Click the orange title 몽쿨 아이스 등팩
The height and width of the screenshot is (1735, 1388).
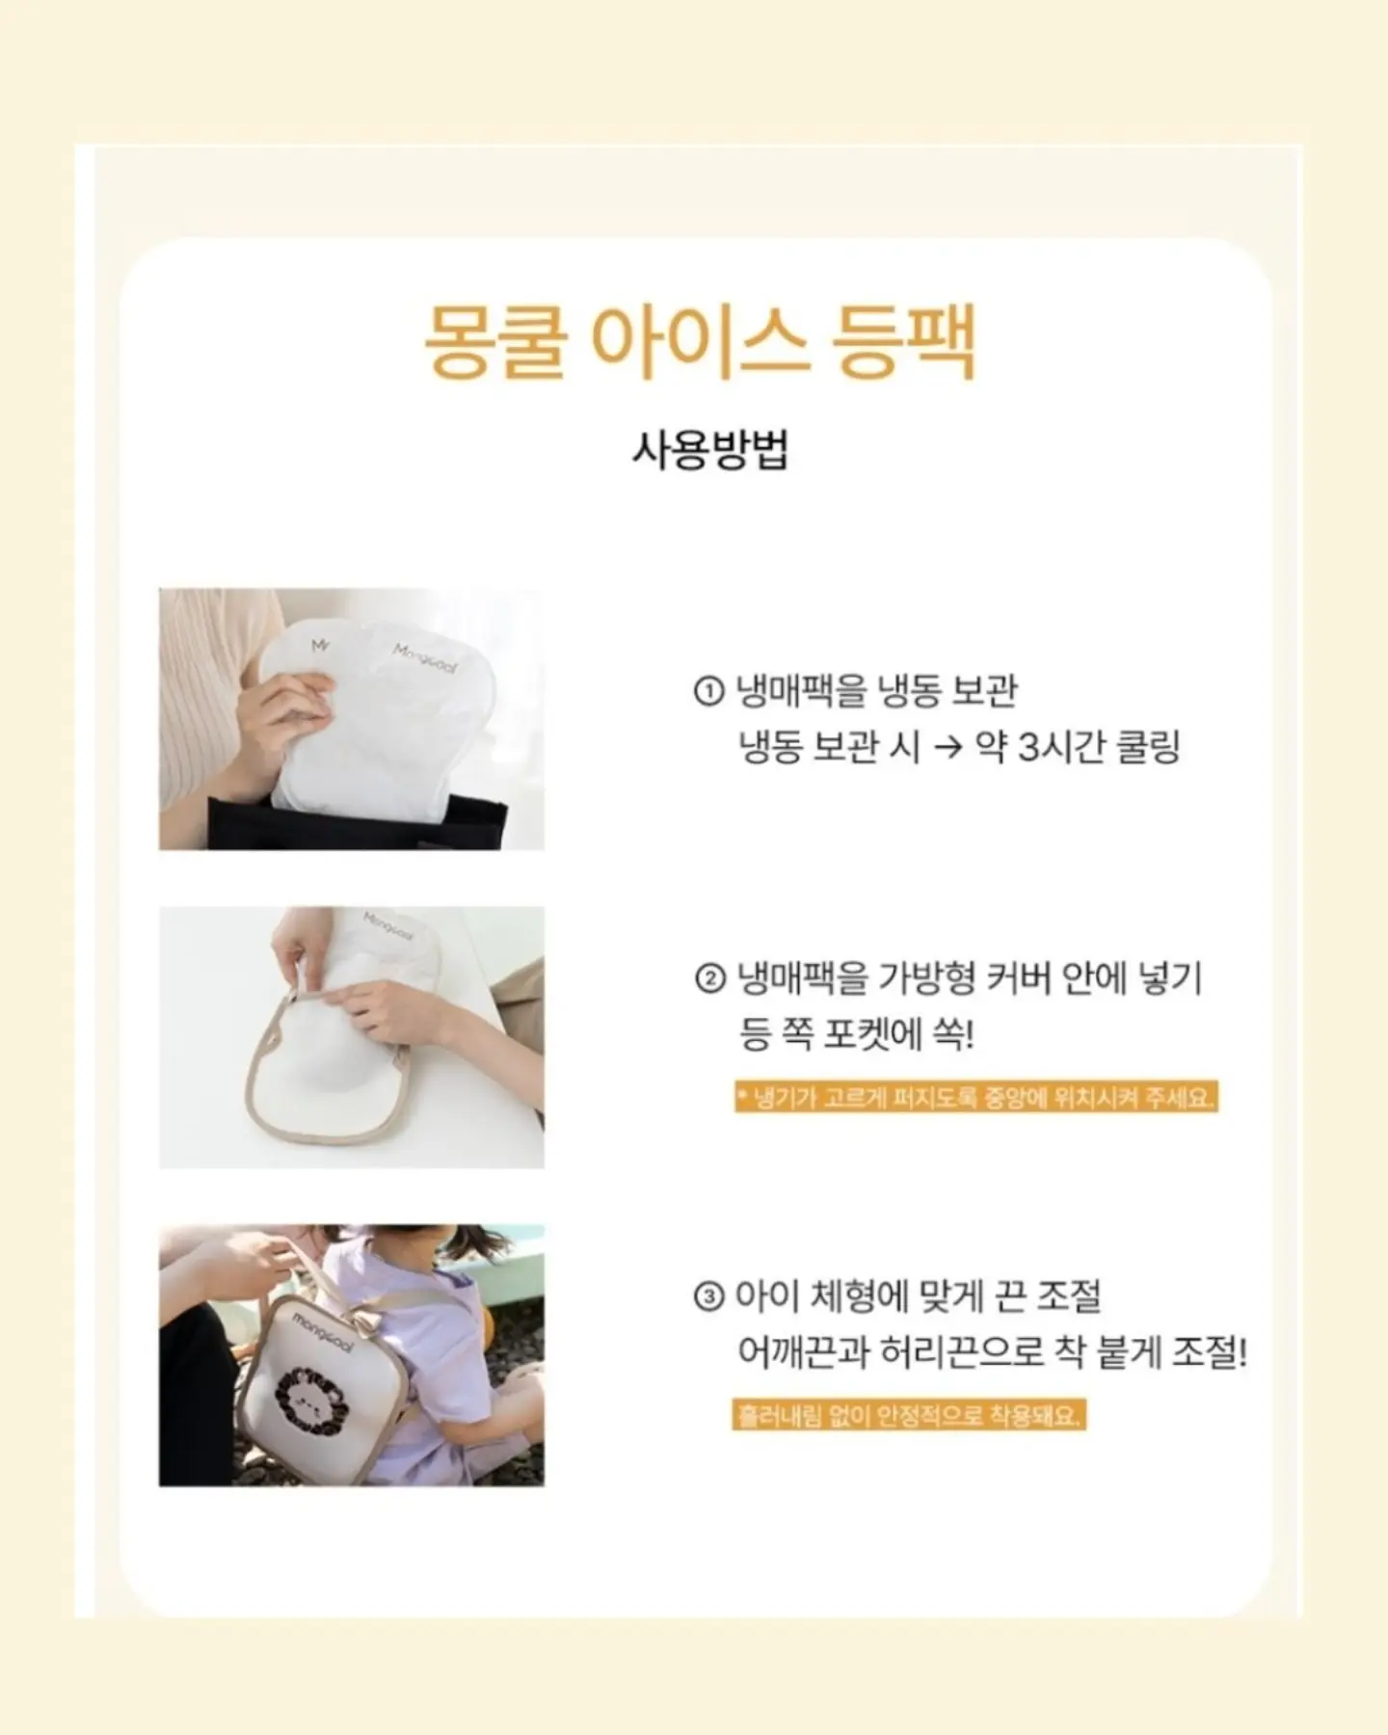click(700, 341)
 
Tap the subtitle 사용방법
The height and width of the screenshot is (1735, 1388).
click(710, 450)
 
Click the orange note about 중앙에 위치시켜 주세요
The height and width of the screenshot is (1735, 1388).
click(976, 1098)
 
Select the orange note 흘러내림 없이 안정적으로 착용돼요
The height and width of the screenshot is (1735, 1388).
click(909, 1416)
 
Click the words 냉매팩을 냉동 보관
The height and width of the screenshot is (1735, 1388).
click(876, 691)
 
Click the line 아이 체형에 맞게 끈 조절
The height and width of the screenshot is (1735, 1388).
click(919, 1296)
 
